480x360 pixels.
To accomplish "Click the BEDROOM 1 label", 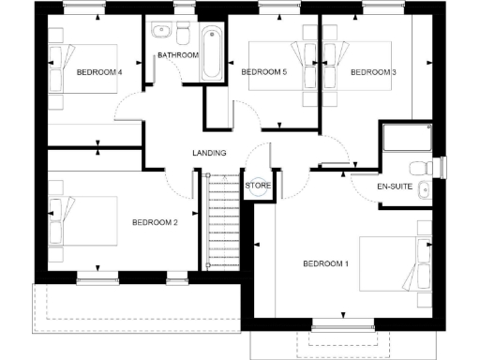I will coord(325,263).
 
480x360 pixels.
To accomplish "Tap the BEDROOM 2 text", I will coord(155,222).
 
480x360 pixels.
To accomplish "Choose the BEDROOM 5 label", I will coord(264,72).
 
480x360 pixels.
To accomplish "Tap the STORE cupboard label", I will coord(258,186).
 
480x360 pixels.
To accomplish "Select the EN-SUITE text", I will coord(396,187).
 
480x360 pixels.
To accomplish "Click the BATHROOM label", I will coord(177,55).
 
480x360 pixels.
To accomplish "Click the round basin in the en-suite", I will coord(425,190).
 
